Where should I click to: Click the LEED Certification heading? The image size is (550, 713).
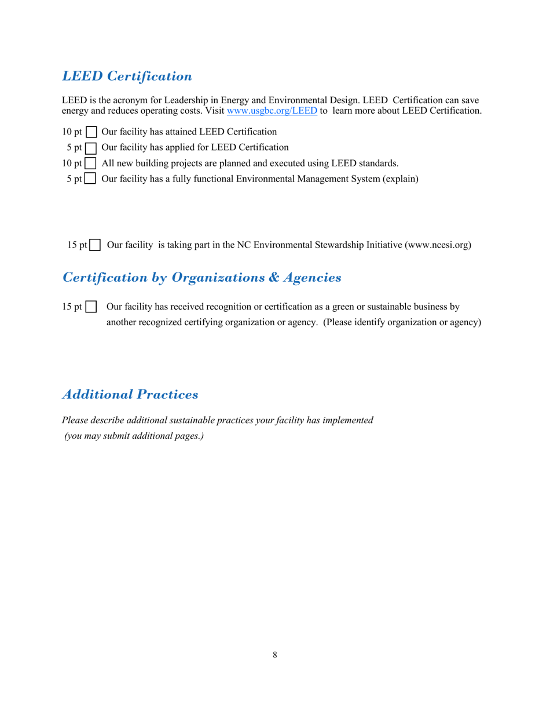point(127,76)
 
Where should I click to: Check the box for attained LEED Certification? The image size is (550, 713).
point(91,133)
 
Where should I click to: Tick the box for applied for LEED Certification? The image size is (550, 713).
point(91,148)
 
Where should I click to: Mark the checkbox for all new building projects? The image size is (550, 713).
point(91,163)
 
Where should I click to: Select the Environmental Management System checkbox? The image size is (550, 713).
point(91,179)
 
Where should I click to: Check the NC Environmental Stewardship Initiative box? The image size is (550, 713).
point(96,245)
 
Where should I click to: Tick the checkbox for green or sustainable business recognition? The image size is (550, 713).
point(91,307)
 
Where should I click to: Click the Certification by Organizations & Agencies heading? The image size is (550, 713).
point(201,278)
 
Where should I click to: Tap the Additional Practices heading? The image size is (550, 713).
point(130,395)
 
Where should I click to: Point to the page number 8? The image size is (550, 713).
point(275,655)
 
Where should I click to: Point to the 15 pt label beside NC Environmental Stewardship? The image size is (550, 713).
point(76,245)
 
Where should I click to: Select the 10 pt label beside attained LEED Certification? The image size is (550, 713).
point(72,132)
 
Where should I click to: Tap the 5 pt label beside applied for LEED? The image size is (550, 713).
point(74,148)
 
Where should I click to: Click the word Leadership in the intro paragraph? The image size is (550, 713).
point(185,100)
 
